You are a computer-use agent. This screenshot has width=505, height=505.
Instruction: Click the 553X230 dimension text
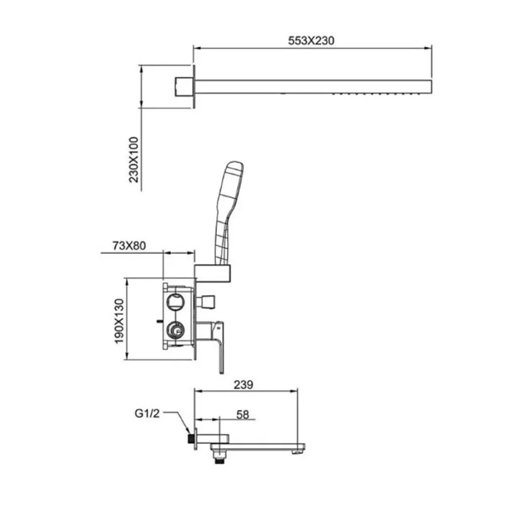[311, 40]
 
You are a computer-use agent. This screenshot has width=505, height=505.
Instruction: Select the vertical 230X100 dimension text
[133, 160]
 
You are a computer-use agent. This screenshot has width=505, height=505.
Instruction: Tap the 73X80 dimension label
[129, 246]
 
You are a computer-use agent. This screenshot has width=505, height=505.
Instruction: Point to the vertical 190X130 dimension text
[119, 321]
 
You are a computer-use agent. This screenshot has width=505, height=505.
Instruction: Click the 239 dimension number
[243, 384]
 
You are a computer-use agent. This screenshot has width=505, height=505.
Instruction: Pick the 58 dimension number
[242, 415]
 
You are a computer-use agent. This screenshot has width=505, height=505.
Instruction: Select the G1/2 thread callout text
[147, 413]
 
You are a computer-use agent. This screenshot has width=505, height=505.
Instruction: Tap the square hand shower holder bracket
[213, 273]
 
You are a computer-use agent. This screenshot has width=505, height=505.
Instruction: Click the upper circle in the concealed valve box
[176, 302]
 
